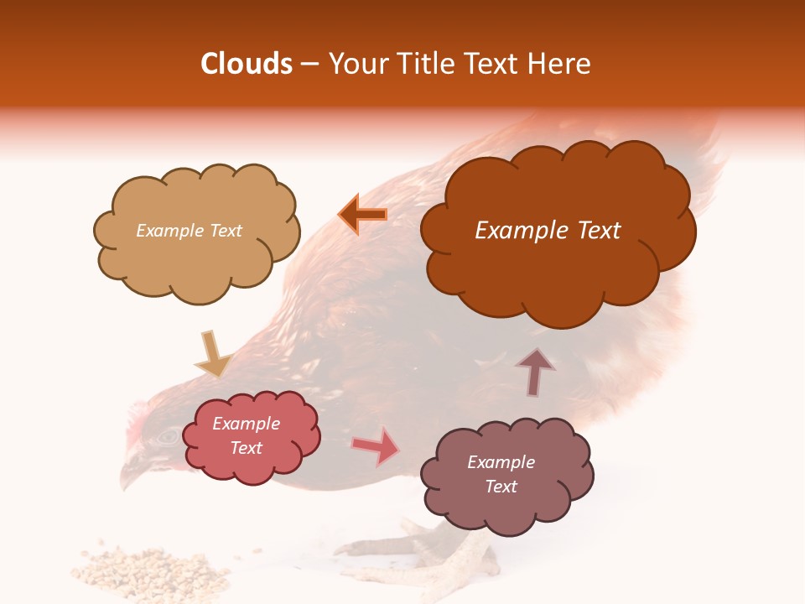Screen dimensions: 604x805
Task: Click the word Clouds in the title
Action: (247, 64)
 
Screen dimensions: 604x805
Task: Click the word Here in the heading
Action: (560, 64)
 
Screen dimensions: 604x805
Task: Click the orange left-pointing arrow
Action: (362, 215)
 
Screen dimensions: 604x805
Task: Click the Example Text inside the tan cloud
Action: (189, 231)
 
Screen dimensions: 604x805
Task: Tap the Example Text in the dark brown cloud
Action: (548, 231)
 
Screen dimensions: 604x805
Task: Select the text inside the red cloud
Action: (247, 435)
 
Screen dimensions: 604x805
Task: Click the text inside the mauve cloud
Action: (501, 474)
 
